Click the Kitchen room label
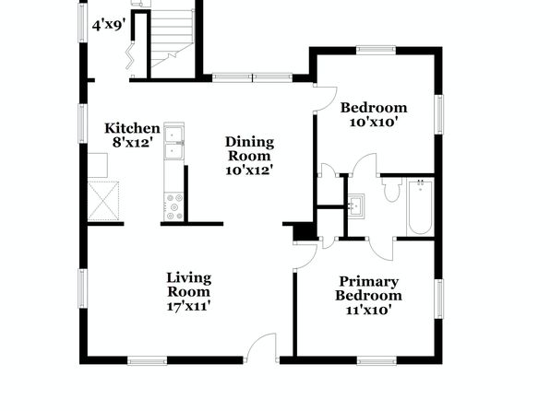(x=132, y=128)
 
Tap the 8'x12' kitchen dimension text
(x=133, y=143)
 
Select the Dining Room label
(x=249, y=149)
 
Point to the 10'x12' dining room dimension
(x=249, y=170)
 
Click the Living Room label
(x=188, y=285)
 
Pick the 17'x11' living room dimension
(x=188, y=306)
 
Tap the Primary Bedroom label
(x=368, y=288)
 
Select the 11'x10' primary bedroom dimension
(x=368, y=310)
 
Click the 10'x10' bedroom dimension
(x=374, y=123)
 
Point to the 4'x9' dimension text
(x=109, y=26)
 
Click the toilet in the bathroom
(x=392, y=189)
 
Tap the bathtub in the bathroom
(x=420, y=206)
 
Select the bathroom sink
(x=356, y=206)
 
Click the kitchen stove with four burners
(x=174, y=206)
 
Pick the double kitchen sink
(x=174, y=141)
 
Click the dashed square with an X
(x=103, y=201)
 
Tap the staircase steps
(x=173, y=38)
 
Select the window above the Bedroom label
(x=376, y=50)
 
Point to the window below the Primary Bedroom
(x=377, y=360)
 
